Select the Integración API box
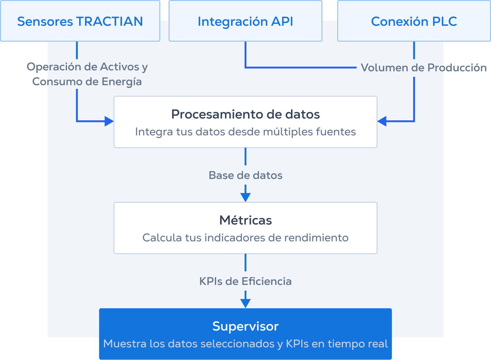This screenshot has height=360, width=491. click(x=245, y=21)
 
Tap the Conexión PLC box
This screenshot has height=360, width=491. click(x=414, y=21)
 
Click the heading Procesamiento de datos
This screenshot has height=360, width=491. click(x=245, y=114)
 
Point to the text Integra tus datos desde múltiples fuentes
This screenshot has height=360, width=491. click(x=245, y=132)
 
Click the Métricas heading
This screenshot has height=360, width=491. click(x=245, y=220)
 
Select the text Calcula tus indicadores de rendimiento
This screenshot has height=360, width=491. click(x=245, y=238)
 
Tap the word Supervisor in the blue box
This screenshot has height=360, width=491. click(x=245, y=326)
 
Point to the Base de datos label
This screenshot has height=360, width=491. click(x=245, y=175)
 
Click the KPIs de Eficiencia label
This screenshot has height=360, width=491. click(x=245, y=281)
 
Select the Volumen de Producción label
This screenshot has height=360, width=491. click(x=423, y=68)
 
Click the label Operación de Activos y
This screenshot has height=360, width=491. click(x=87, y=67)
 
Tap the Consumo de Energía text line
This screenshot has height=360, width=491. click(x=87, y=81)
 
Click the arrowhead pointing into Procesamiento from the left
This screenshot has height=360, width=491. click(x=109, y=121)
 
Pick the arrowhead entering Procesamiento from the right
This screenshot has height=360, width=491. click(x=382, y=121)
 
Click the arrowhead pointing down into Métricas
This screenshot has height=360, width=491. click(x=245, y=197)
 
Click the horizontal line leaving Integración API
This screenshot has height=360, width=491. click(x=300, y=68)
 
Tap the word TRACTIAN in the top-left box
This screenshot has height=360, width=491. click(x=110, y=21)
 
